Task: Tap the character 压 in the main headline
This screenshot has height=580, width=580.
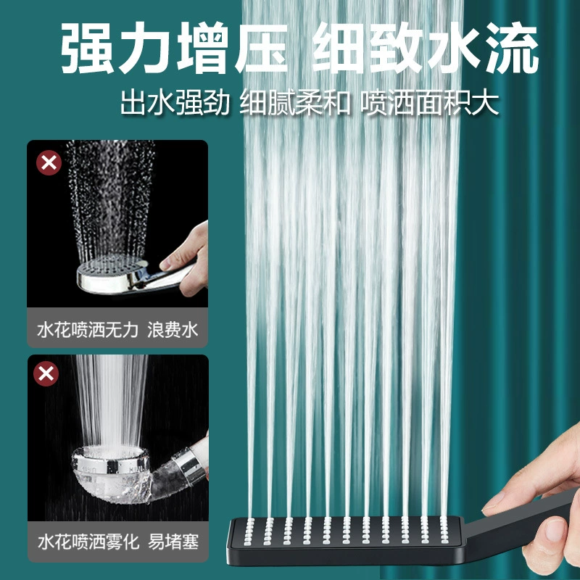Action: tap(262, 48)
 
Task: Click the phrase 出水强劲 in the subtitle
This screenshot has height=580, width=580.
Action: tap(175, 102)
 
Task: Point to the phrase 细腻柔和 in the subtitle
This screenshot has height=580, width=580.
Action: tap(295, 102)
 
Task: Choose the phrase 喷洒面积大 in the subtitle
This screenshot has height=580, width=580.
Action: tap(429, 102)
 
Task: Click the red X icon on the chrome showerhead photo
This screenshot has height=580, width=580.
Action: tap(49, 162)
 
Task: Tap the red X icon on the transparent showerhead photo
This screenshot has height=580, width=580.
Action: tap(46, 373)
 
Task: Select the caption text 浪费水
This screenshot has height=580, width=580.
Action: tap(173, 329)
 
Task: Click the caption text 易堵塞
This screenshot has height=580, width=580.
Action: tap(173, 541)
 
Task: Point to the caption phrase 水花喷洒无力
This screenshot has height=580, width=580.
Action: tap(88, 329)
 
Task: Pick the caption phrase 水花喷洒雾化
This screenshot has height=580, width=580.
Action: tap(88, 541)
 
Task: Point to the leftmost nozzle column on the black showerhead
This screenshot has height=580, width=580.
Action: tap(250, 531)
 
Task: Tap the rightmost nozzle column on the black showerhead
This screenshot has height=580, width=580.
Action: tap(444, 530)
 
